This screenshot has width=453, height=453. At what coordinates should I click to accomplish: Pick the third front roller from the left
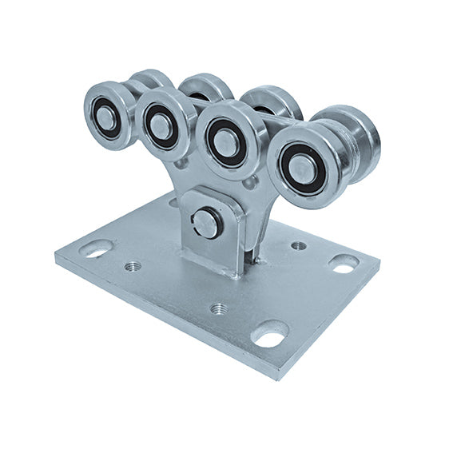[228, 139]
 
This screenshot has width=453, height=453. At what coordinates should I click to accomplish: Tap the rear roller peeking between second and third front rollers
[205, 86]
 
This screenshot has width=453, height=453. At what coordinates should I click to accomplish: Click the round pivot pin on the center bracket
[207, 223]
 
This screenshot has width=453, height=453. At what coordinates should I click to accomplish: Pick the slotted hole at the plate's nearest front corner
[269, 336]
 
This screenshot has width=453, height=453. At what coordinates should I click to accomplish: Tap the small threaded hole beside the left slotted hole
[130, 265]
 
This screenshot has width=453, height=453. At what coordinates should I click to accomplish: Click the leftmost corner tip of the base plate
[56, 257]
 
